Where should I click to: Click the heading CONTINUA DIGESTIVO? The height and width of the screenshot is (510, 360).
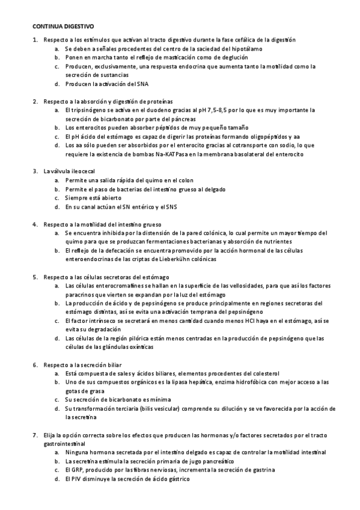[63, 27]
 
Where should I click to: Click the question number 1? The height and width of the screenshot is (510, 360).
[35, 40]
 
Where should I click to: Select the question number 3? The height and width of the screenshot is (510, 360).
[35, 171]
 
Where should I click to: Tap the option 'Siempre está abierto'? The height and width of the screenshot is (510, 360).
[93, 198]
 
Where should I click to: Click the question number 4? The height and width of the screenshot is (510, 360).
[35, 224]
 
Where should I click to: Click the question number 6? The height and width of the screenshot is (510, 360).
[35, 364]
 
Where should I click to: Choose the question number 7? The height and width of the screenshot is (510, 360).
[35, 434]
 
